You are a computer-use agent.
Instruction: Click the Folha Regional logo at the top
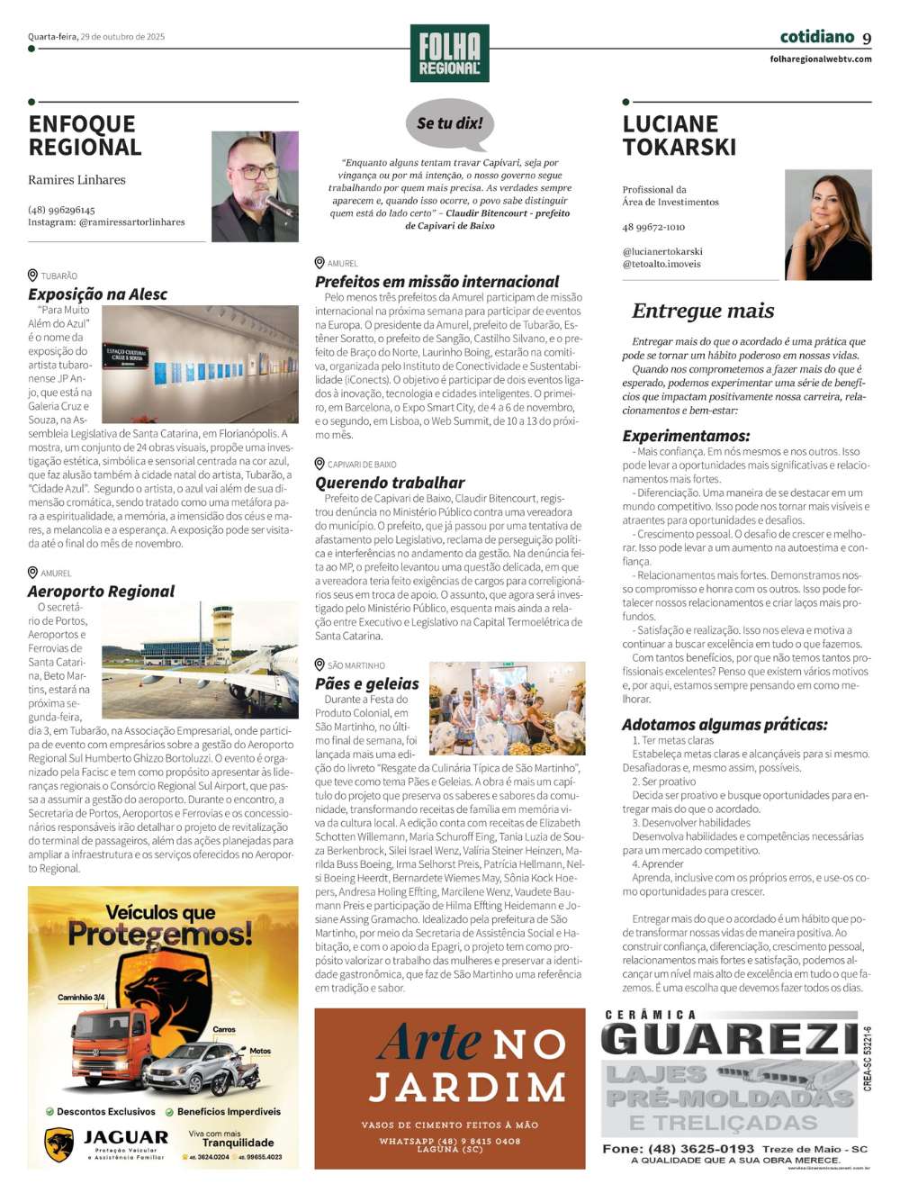point(449,53)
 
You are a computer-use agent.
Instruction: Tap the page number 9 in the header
point(867,39)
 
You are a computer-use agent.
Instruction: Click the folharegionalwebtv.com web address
point(820,59)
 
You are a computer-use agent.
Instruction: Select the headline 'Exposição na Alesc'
point(97,294)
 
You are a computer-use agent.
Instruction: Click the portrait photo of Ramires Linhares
point(255,186)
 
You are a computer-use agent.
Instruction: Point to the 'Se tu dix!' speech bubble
point(450,124)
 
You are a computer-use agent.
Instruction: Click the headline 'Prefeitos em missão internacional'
point(436,282)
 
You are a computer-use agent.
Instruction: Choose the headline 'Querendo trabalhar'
point(390,483)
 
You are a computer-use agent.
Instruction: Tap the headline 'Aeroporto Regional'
point(101,592)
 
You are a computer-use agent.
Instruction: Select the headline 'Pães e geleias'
point(367,683)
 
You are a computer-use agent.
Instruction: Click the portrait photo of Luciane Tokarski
point(828,225)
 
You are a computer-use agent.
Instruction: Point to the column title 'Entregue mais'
point(703,311)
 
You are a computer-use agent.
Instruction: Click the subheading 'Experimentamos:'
point(686,436)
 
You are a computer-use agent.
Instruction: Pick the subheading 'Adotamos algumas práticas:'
point(724,725)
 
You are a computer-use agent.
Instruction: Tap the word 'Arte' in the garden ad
point(429,1043)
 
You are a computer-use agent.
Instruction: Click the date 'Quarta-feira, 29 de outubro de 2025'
point(96,37)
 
